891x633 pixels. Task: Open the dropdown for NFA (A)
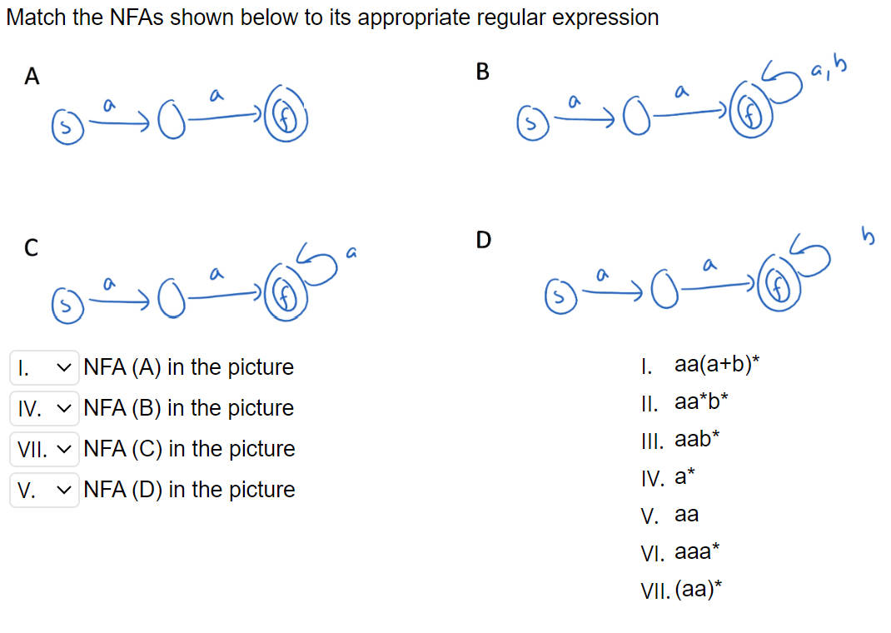point(45,367)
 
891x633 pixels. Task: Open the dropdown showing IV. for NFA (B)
point(45,408)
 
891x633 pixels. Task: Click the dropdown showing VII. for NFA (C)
point(45,449)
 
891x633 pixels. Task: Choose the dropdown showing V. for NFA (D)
point(45,490)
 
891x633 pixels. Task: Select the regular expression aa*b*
point(702,402)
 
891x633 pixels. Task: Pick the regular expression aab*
point(693,440)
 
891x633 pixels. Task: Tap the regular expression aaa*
point(697,552)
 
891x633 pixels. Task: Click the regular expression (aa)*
point(698,591)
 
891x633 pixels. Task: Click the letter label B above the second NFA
point(482,72)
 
